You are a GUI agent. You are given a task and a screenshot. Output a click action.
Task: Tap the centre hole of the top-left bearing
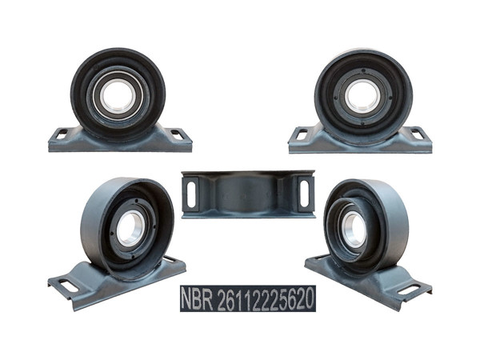(x=118, y=96)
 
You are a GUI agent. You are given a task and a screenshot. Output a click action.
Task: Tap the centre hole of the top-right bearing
(x=362, y=96)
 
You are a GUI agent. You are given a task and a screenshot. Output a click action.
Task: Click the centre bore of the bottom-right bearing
(x=353, y=230)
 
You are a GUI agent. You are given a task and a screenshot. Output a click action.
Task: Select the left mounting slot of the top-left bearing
(x=60, y=134)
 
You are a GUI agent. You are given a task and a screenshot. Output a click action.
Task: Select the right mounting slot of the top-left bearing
(x=177, y=134)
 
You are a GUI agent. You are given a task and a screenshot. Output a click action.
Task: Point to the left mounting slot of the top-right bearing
(x=301, y=134)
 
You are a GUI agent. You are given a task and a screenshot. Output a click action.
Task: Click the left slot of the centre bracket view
(x=190, y=193)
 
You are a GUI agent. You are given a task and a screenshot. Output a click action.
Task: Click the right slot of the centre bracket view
(x=304, y=193)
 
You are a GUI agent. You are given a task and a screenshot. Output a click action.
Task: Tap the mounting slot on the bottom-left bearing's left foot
(x=69, y=286)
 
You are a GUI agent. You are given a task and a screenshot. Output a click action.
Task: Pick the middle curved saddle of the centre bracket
(x=247, y=193)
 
